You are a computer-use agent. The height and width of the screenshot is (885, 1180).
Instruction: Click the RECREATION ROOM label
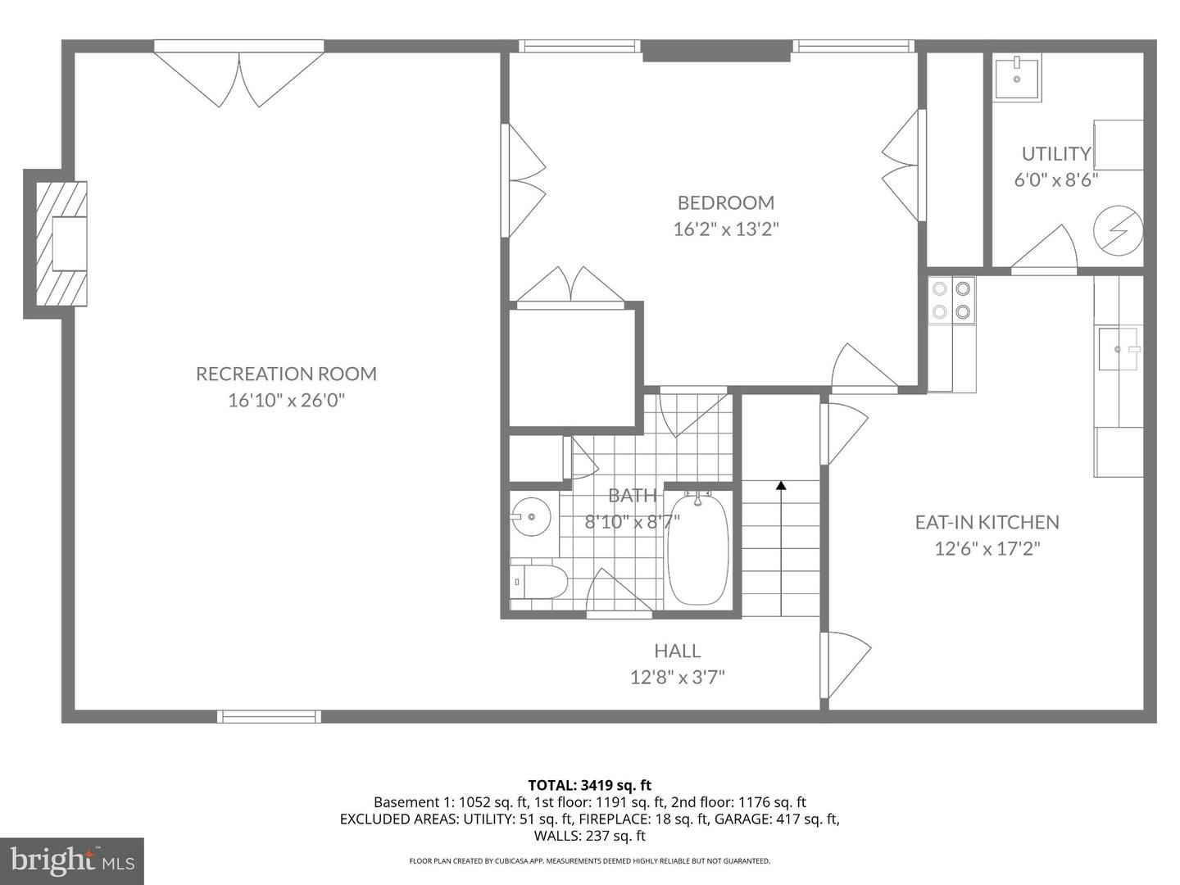point(286,374)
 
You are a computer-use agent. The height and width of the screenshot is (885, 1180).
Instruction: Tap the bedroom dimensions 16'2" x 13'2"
point(725,229)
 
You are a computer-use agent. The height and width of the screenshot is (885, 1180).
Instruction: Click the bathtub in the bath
point(697,549)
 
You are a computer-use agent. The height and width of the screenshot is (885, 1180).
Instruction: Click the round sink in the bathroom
point(531,517)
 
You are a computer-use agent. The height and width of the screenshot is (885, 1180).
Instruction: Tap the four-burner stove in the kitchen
point(951,300)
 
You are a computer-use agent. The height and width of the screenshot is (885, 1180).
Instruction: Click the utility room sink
point(1017,77)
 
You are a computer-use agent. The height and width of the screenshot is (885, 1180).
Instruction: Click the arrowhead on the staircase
point(781,485)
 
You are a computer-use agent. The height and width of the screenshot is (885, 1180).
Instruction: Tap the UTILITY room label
point(1055,153)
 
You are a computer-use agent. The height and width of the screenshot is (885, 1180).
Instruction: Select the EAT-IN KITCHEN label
point(987,522)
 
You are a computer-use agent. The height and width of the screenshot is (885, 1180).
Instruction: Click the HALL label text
point(677,651)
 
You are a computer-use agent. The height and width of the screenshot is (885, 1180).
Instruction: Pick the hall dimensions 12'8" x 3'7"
point(677,677)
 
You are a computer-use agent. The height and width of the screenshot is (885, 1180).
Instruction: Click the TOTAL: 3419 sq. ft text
point(589,785)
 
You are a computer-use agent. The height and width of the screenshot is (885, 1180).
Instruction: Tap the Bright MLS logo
point(72,860)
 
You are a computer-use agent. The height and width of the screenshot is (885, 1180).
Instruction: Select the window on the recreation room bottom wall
point(268,717)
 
